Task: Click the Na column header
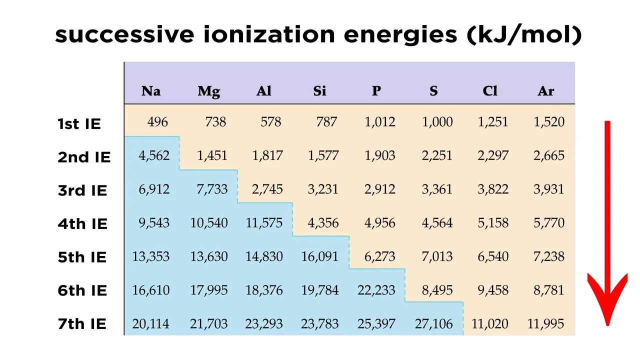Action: tap(151, 91)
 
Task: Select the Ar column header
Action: tap(546, 91)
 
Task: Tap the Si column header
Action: tap(319, 91)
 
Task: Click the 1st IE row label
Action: tap(79, 123)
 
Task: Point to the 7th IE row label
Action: tap(82, 324)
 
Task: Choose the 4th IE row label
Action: tap(82, 223)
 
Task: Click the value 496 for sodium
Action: tap(157, 122)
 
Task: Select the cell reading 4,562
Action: tap(154, 155)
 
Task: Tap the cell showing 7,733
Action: tap(212, 189)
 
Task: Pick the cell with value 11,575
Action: tap(264, 223)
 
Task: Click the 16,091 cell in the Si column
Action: tap(319, 256)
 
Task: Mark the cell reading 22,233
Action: tap(376, 290)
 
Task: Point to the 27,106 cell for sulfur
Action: tap(433, 324)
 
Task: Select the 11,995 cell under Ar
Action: tap(545, 324)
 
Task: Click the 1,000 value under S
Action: tap(437, 122)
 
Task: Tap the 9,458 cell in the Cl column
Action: tap(493, 290)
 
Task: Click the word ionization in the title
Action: tap(269, 35)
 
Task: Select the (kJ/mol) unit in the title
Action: tap(524, 35)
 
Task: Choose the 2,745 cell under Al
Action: tap(267, 189)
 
